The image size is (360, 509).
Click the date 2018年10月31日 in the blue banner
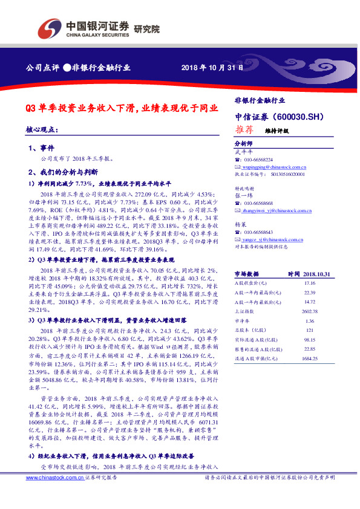click(213, 68)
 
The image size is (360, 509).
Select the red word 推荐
click(243, 129)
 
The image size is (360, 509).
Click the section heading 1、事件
click(41, 148)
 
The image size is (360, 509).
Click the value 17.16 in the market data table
click(310, 282)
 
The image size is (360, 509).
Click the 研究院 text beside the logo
click(146, 28)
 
